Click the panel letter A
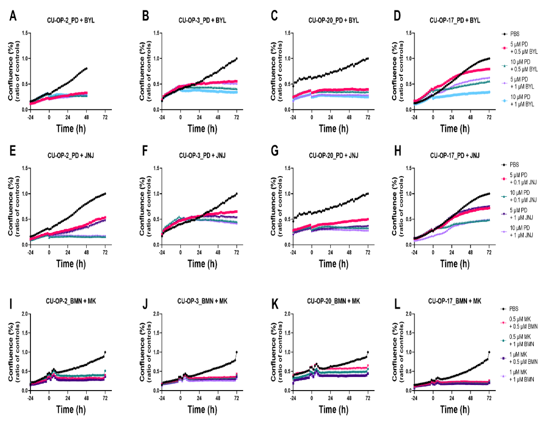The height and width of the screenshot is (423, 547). click(13, 16)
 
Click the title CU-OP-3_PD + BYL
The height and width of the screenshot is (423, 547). click(202, 20)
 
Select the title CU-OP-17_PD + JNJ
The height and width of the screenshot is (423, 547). click(454, 156)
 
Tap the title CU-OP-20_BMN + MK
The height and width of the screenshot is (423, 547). click(333, 301)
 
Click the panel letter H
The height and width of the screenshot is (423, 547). click(398, 151)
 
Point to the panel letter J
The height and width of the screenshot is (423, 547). click(145, 304)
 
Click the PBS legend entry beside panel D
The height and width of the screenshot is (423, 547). click(514, 34)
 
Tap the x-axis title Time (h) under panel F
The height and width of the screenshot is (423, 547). click(202, 264)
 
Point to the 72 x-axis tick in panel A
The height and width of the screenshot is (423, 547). click(105, 117)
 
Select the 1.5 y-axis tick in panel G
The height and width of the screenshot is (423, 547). click(287, 168)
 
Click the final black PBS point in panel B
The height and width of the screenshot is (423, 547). click(237, 59)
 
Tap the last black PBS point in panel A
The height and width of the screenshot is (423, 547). click(86, 68)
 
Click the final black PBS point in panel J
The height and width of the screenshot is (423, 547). click(237, 352)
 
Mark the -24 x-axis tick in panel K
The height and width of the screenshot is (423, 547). click(293, 398)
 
